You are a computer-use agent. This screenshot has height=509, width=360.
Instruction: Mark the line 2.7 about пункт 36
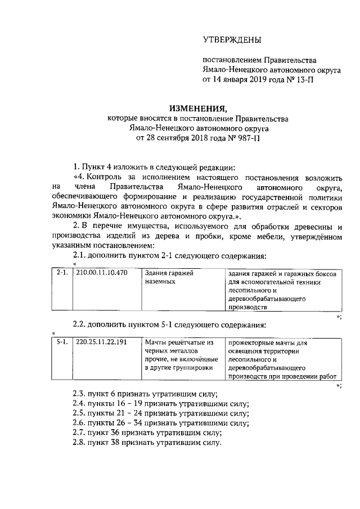click(147, 433)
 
